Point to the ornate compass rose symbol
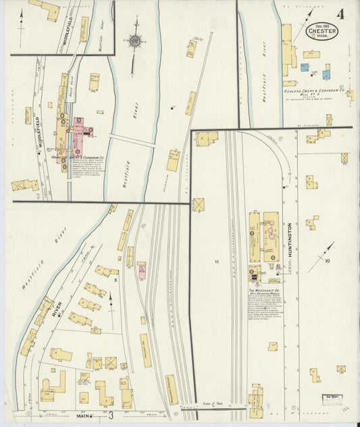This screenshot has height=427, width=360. pyautogui.click(x=136, y=41)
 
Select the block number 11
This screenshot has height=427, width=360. pyautogui.click(x=217, y=261)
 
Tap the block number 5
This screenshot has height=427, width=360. pyautogui.click(x=116, y=279)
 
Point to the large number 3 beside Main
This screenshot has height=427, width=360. pyautogui.click(x=110, y=415)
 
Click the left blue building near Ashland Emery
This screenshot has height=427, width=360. pyautogui.click(x=305, y=68)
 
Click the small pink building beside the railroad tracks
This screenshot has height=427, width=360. pyautogui.click(x=142, y=271)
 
